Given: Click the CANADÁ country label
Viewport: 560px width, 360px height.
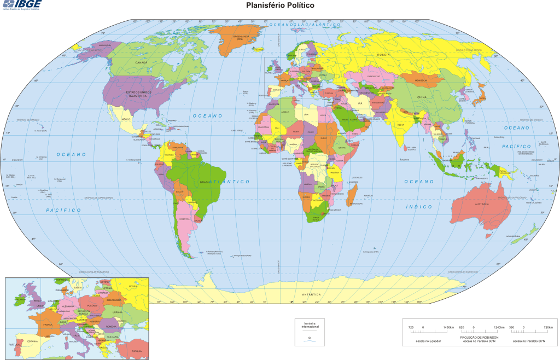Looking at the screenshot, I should (x=141, y=62).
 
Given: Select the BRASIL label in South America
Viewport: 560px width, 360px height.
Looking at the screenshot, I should (x=205, y=182).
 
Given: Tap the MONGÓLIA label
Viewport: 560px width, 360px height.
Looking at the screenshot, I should (x=421, y=80).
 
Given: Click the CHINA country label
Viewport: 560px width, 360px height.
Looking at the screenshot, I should (x=421, y=97).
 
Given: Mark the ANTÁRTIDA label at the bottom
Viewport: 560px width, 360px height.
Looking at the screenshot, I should (x=311, y=294).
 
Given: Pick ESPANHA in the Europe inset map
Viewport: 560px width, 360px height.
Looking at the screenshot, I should (x=32, y=341).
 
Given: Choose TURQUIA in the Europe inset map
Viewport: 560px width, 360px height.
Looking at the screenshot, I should (x=136, y=350).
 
